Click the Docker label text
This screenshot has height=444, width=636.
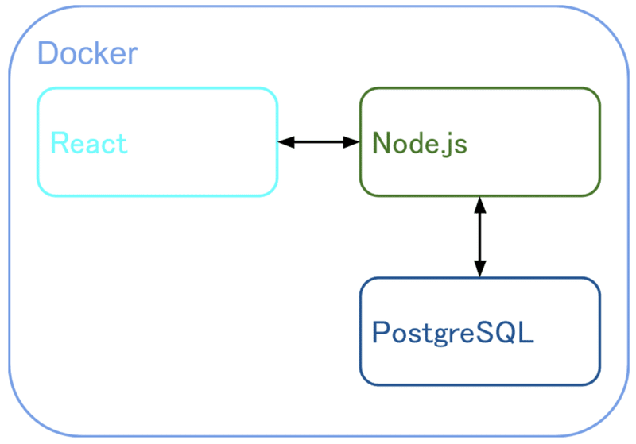coord(87,54)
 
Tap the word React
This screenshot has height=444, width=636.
coord(88,143)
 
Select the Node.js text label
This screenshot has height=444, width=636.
coord(420,143)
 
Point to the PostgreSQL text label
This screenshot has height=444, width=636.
coord(452,332)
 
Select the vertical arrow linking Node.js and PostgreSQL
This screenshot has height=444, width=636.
coord(479,237)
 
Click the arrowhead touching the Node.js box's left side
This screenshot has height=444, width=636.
coord(351,142)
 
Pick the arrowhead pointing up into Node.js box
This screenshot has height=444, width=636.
coord(479,205)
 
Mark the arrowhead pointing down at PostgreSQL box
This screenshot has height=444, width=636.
coord(479,269)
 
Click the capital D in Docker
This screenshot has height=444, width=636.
coord(48,54)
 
